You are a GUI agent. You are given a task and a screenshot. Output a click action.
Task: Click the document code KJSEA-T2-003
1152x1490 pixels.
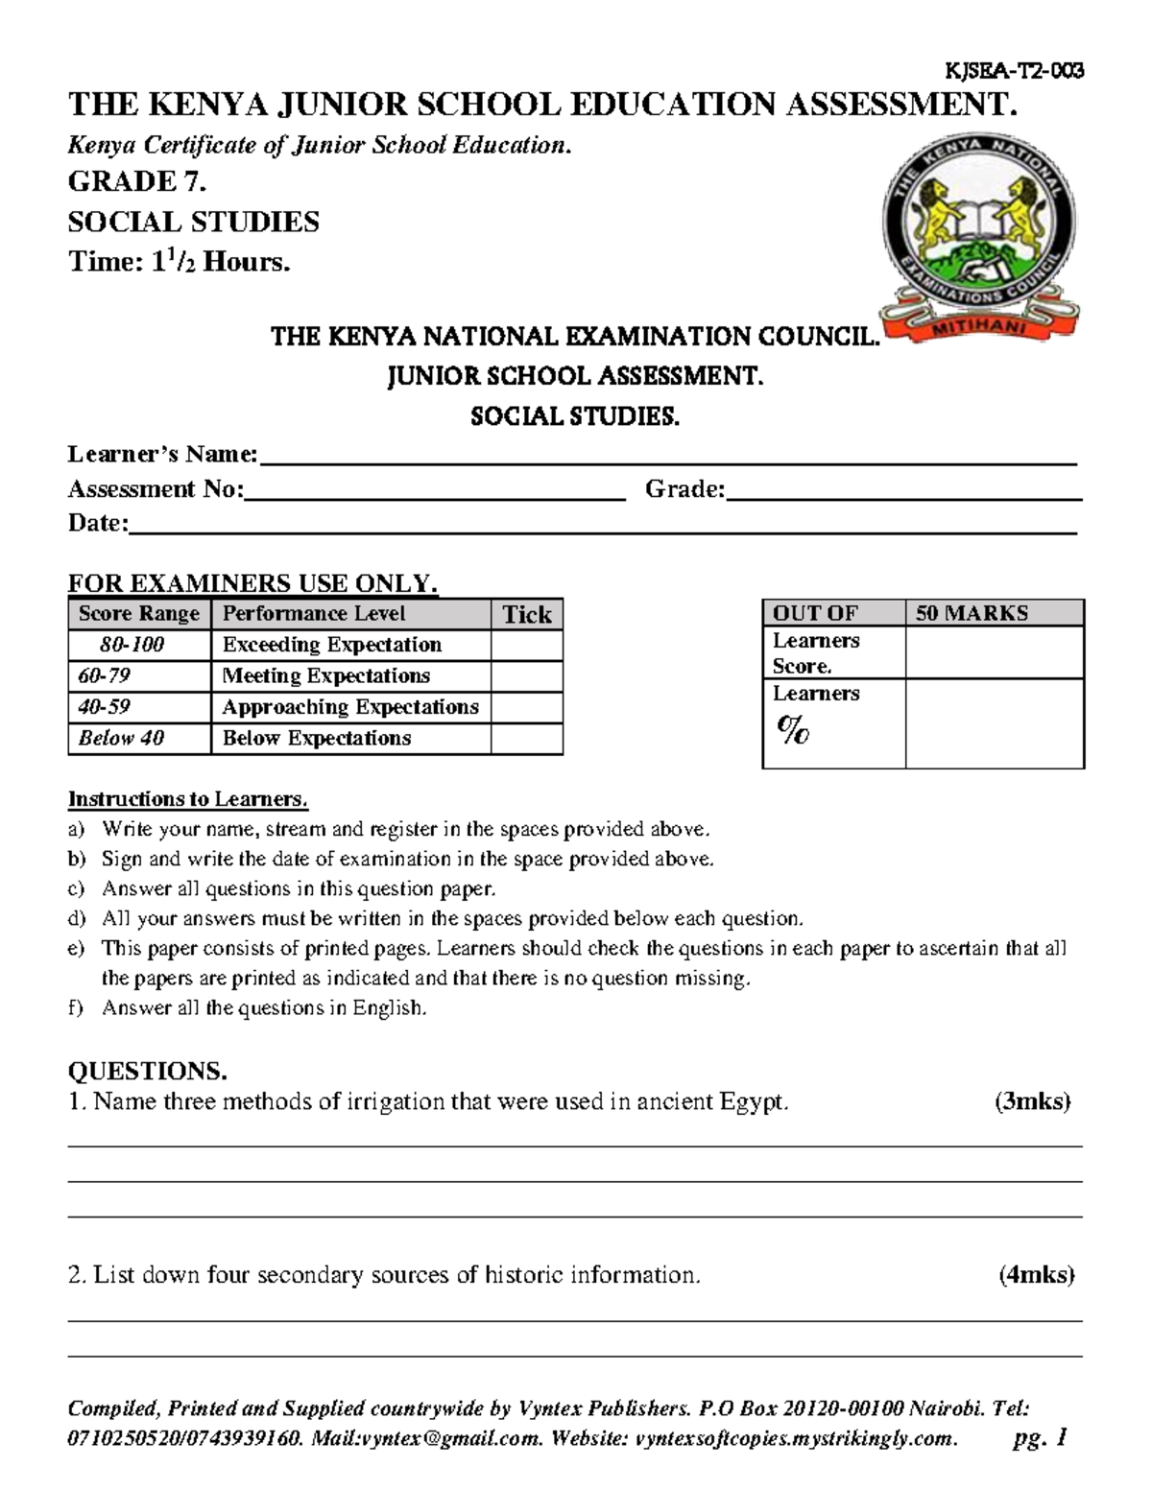click(x=1015, y=70)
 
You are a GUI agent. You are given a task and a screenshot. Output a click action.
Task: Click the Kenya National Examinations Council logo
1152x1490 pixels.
click(x=979, y=236)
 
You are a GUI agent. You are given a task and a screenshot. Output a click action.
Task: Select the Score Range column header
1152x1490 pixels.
click(x=139, y=614)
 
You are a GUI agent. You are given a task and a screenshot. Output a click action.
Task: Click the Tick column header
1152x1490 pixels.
click(x=527, y=615)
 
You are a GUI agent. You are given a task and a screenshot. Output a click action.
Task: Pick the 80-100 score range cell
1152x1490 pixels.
click(x=132, y=645)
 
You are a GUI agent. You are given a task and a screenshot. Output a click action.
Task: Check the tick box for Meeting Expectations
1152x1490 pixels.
click(x=526, y=676)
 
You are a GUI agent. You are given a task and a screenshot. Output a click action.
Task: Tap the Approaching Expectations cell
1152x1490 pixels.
click(x=350, y=707)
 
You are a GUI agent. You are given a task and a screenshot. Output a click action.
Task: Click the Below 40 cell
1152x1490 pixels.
click(x=122, y=739)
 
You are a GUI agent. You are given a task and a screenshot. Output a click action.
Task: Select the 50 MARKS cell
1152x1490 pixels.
click(x=972, y=613)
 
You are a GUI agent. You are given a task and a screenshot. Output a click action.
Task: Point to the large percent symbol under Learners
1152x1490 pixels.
click(x=793, y=731)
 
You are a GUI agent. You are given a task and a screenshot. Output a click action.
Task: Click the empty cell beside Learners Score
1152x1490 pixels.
click(x=995, y=652)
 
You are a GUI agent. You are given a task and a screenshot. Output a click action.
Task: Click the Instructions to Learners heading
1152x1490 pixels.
click(x=188, y=799)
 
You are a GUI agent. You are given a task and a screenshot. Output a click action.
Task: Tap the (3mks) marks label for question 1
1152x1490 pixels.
click(x=1032, y=1101)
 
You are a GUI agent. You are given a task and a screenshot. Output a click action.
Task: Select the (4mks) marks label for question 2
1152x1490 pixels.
click(x=1036, y=1275)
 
